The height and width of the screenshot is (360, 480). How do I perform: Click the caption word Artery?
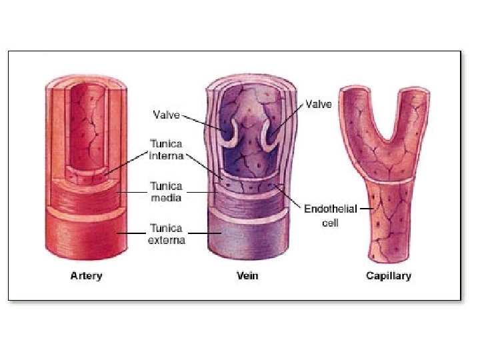click(x=87, y=276)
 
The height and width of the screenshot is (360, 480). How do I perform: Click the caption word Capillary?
click(x=389, y=276)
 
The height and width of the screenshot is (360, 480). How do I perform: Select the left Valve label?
click(x=166, y=115)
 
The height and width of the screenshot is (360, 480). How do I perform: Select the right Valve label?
click(x=319, y=105)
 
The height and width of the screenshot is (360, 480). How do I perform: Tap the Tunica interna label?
click(x=166, y=149)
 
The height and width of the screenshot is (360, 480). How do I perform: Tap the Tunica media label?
click(x=166, y=192)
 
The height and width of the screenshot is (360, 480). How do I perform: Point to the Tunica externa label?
click(x=166, y=233)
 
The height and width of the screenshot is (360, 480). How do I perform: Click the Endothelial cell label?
click(x=331, y=215)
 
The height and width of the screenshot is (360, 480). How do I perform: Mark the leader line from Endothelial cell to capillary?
click(x=366, y=209)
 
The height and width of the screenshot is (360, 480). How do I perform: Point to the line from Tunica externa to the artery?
click(x=133, y=233)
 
